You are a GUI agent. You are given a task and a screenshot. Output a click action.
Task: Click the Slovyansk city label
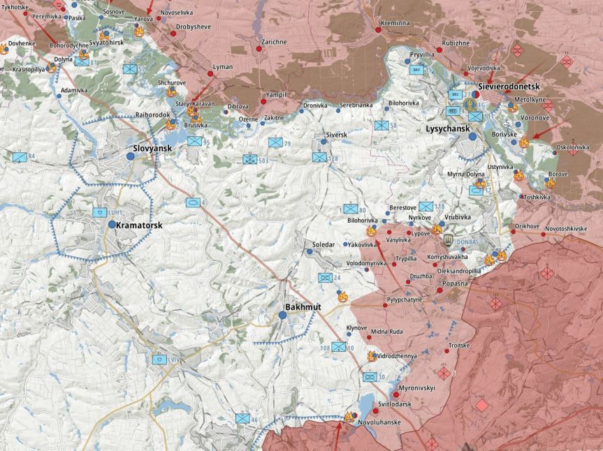point(153,148)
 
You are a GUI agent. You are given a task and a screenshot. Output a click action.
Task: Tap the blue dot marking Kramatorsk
point(112,224)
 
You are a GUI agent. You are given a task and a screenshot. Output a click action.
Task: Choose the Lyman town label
point(222,67)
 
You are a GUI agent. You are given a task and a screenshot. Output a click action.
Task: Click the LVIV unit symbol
point(159,360)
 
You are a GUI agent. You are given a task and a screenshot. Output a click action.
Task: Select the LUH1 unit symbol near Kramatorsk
point(99,212)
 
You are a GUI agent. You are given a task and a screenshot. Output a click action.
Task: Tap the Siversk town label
point(336,134)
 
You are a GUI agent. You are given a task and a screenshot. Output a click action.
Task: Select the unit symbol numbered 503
point(250,160)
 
